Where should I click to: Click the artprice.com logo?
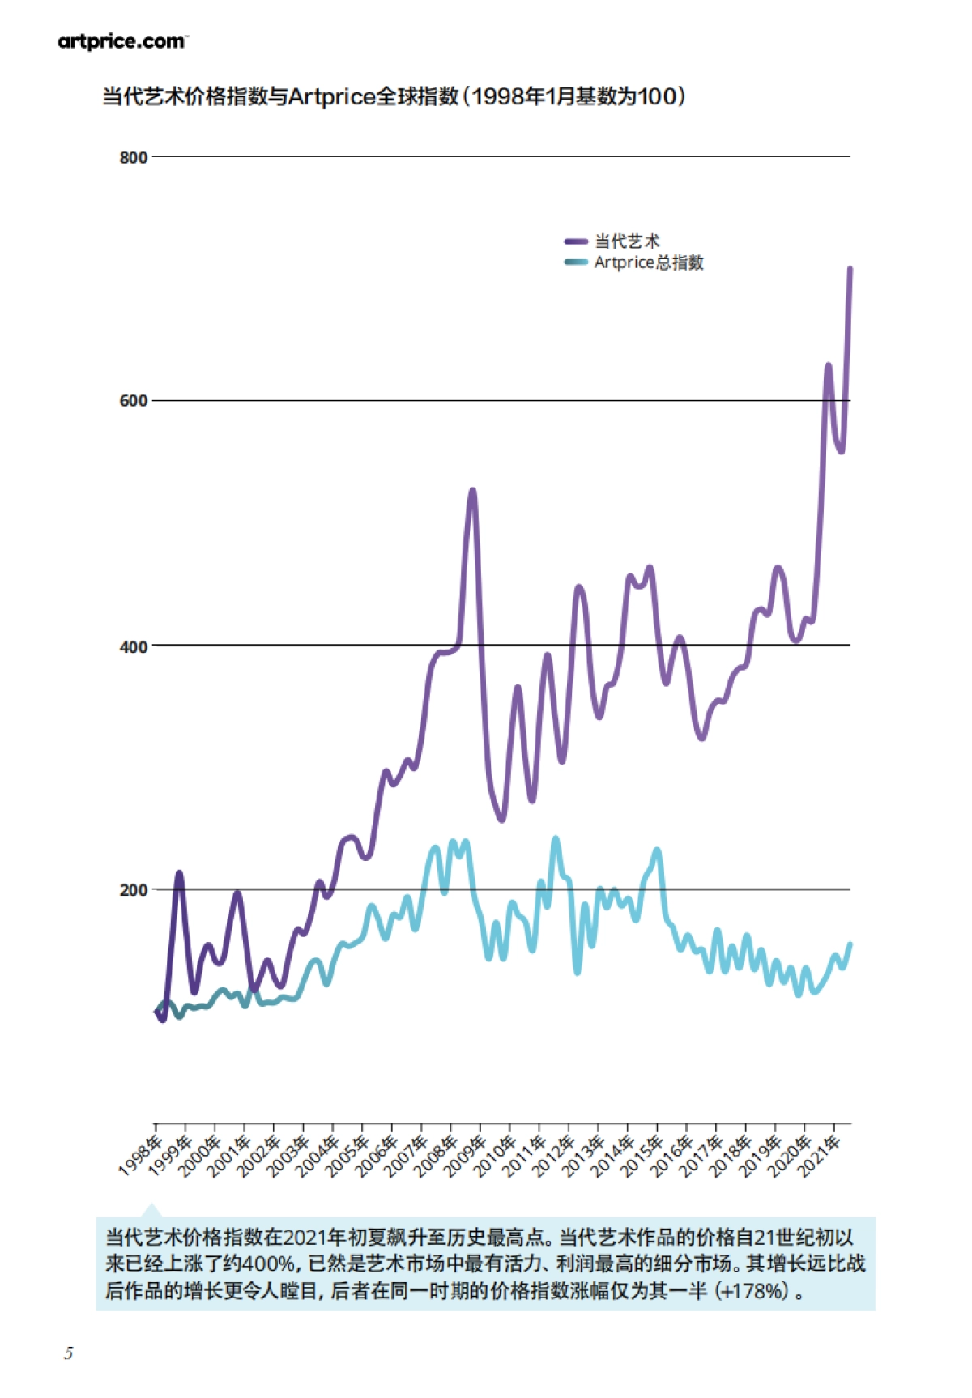pos(122,41)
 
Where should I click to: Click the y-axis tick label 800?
pos(134,157)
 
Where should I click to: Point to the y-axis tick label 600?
pos(134,401)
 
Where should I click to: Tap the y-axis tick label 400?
pos(134,646)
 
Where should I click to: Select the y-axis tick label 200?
pos(134,890)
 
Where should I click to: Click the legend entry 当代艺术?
pos(626,241)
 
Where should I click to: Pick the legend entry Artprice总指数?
pos(648,262)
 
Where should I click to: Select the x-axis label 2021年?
pos(820,1155)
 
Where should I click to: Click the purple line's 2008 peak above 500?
pos(473,491)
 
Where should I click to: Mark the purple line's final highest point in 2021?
pos(850,268)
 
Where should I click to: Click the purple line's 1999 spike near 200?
pos(179,873)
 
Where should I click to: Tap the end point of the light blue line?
pos(850,944)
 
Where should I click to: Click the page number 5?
pos(69,1353)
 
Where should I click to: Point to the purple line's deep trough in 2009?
pos(501,819)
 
